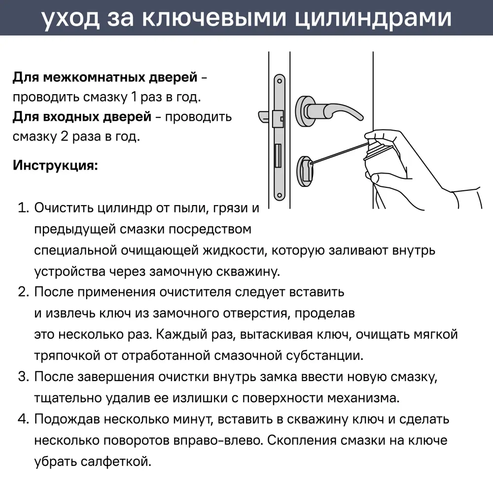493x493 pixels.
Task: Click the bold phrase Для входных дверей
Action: pyautogui.click(x=82, y=117)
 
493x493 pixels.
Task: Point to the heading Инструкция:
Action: pyautogui.click(x=55, y=165)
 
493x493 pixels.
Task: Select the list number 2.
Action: pyautogui.click(x=23, y=292)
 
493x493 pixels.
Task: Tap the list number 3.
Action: pyautogui.click(x=23, y=377)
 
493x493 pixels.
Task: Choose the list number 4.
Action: pyautogui.click(x=23, y=420)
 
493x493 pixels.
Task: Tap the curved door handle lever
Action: pyautogui.click(x=340, y=111)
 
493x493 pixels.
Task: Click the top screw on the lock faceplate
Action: pyautogui.click(x=280, y=80)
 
